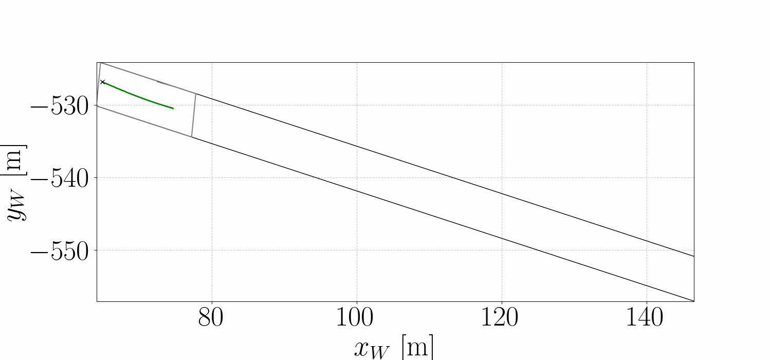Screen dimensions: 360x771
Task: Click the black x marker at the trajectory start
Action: pyautogui.click(x=102, y=82)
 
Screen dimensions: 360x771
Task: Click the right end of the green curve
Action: pyautogui.click(x=173, y=109)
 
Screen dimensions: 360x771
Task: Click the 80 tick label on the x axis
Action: pyautogui.click(x=211, y=318)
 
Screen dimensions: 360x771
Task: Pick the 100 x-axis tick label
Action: pyautogui.click(x=356, y=318)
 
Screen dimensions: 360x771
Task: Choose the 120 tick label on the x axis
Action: pyautogui.click(x=501, y=318)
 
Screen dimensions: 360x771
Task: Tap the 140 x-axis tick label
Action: pyautogui.click(x=646, y=318)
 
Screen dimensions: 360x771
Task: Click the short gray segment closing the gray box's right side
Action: pyautogui.click(x=194, y=115)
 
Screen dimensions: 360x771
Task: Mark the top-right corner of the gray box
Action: pyautogui.click(x=196, y=94)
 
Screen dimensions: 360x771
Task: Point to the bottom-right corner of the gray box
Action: pyautogui.click(x=192, y=137)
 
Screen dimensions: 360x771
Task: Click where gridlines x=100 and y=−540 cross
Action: pyautogui.click(x=356, y=178)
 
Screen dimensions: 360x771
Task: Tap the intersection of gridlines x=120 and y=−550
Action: pyautogui.click(x=501, y=250)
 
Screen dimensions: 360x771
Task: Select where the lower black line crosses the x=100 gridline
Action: pyautogui.click(x=356, y=191)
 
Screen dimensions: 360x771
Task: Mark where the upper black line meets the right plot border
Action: pyautogui.click(x=694, y=256)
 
